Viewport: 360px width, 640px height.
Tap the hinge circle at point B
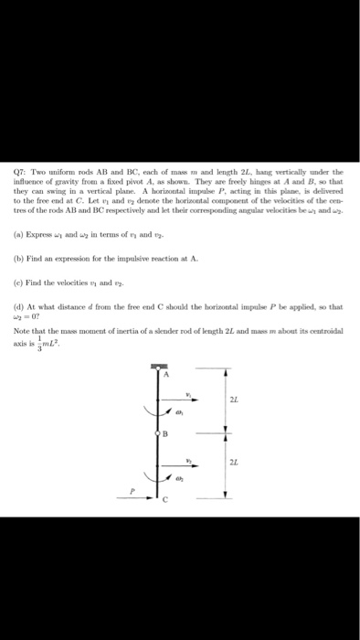click(159, 434)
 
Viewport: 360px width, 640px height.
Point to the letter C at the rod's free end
click(165, 498)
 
